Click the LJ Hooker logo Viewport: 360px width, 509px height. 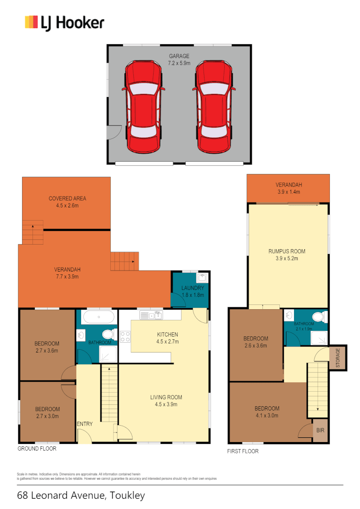pyautogui.click(x=65, y=23)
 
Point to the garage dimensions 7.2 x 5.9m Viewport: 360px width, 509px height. pyautogui.click(x=179, y=63)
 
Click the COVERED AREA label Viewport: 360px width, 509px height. pyautogui.click(x=67, y=198)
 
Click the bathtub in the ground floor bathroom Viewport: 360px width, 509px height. pyautogui.click(x=98, y=317)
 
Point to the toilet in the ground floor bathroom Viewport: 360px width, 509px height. pyautogui.click(x=107, y=335)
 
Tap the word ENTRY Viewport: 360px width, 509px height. pyautogui.click(x=85, y=424)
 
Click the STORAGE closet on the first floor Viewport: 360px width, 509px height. pyautogui.click(x=337, y=357)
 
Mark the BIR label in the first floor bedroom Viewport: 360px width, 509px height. pyautogui.click(x=320, y=430)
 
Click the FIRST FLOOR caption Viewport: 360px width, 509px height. pyautogui.click(x=243, y=451)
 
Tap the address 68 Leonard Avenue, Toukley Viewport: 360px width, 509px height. pyautogui.click(x=81, y=496)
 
